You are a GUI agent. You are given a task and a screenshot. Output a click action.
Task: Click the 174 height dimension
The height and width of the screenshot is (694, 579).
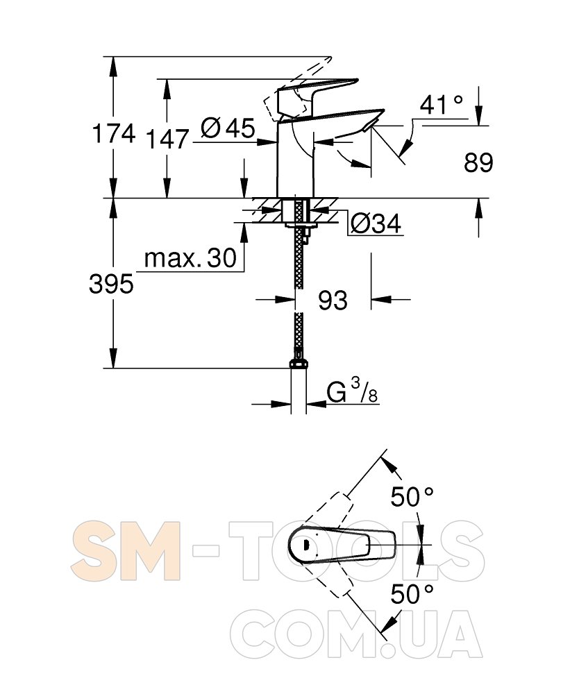(x=113, y=133)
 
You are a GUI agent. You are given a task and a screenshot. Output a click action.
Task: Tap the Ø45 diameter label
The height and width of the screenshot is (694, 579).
(x=228, y=128)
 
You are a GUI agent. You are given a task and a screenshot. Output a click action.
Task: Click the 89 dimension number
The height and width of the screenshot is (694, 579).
(x=478, y=162)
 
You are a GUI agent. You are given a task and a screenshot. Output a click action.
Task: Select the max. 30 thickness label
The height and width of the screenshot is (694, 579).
(x=190, y=258)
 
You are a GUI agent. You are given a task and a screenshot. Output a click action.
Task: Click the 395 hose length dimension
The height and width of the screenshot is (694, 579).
(x=111, y=284)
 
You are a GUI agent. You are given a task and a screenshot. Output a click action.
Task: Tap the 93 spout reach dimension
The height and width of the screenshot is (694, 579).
(x=333, y=301)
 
